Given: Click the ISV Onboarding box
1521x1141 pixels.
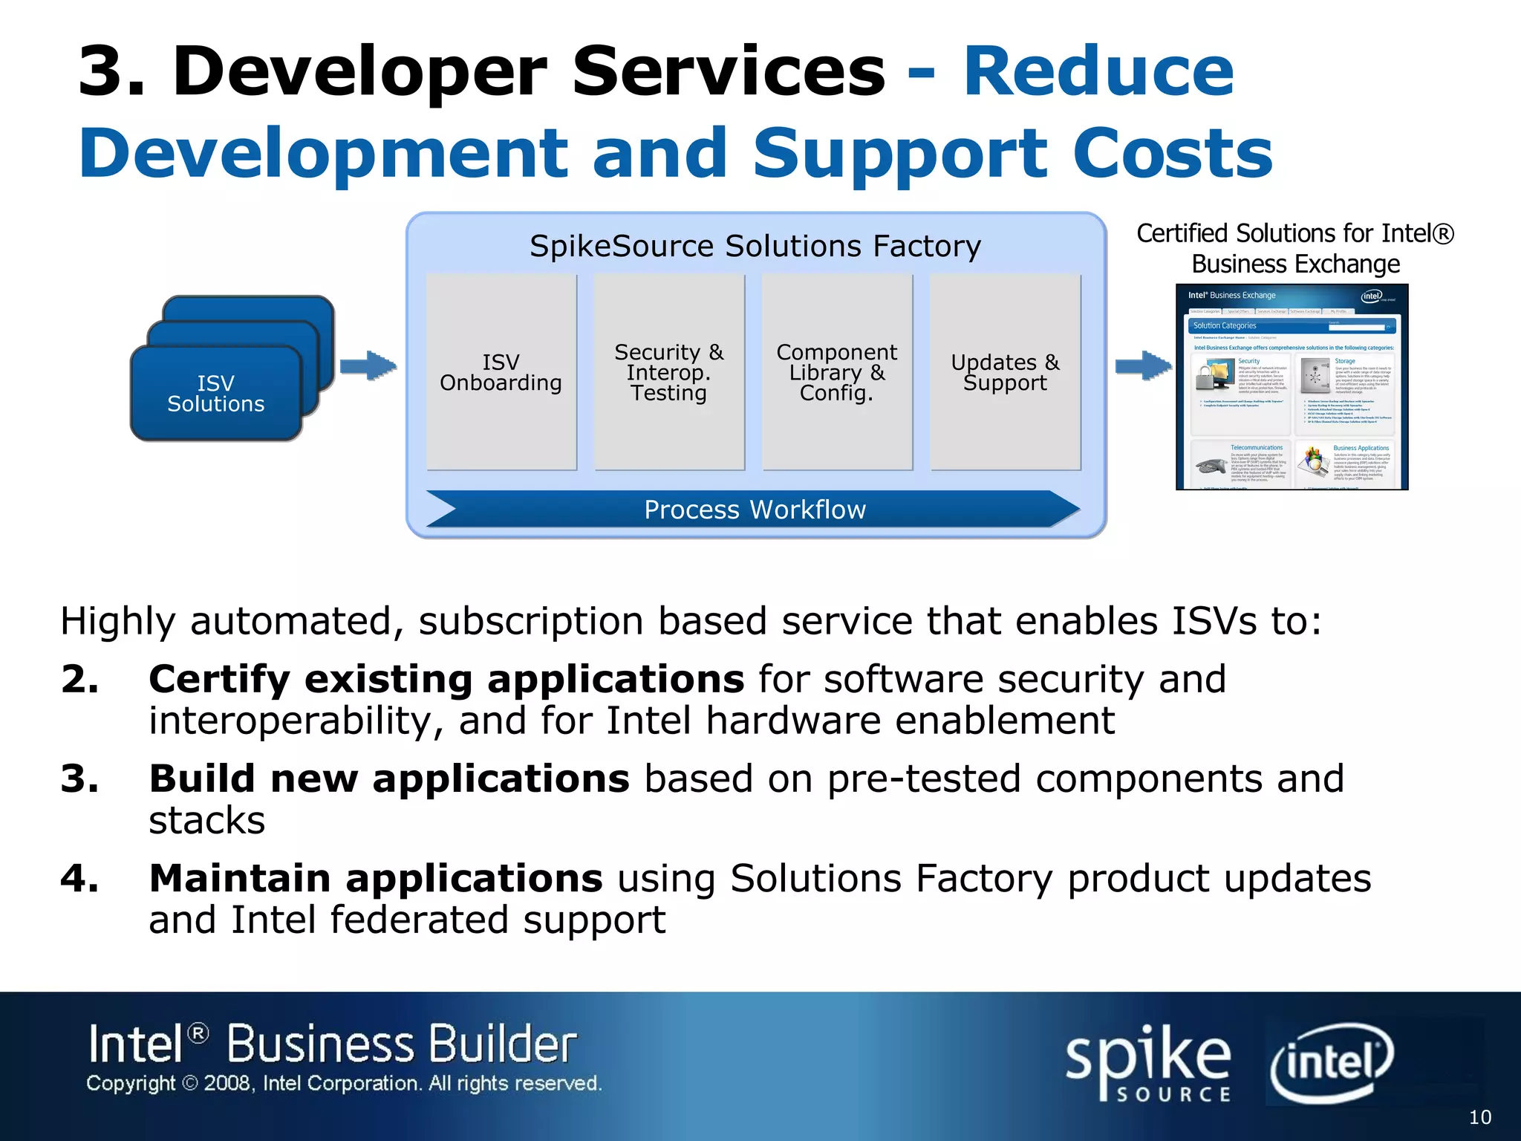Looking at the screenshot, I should tap(501, 372).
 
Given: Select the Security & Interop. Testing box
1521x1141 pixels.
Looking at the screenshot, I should tap(669, 372).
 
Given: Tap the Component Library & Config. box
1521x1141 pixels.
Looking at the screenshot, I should tap(837, 372).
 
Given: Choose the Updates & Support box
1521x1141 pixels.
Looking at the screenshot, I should tap(1005, 372).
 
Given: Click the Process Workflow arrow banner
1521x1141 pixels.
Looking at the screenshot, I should tap(754, 510).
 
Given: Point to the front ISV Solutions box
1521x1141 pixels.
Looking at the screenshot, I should tap(215, 394).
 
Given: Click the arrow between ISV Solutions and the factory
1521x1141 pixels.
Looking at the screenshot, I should tap(368, 365).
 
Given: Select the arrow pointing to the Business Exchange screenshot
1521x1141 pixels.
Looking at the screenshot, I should tap(1143, 365).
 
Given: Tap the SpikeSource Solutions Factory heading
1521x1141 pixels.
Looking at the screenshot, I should tap(755, 246).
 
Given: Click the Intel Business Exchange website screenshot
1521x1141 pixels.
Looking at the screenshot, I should tap(1292, 387).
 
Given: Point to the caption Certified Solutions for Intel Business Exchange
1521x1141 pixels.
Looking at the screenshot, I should tap(1294, 248).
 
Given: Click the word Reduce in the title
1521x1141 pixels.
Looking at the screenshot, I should tap(1098, 72).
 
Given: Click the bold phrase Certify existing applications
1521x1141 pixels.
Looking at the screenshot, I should tap(446, 679).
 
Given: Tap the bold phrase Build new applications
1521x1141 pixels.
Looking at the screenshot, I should tap(389, 778).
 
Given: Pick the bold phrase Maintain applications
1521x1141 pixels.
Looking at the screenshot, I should tap(376, 878).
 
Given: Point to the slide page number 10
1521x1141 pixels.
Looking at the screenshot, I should tap(1479, 1117).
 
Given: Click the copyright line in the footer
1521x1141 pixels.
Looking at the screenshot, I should tap(344, 1084).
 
